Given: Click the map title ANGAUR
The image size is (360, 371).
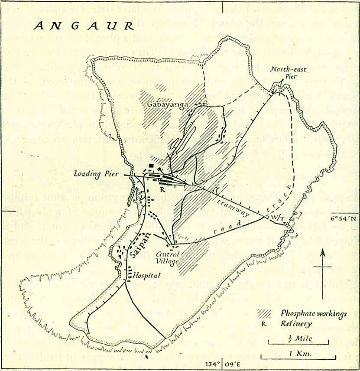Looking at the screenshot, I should tap(84, 26).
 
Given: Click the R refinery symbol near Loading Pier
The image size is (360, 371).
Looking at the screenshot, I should tap(162, 189).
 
